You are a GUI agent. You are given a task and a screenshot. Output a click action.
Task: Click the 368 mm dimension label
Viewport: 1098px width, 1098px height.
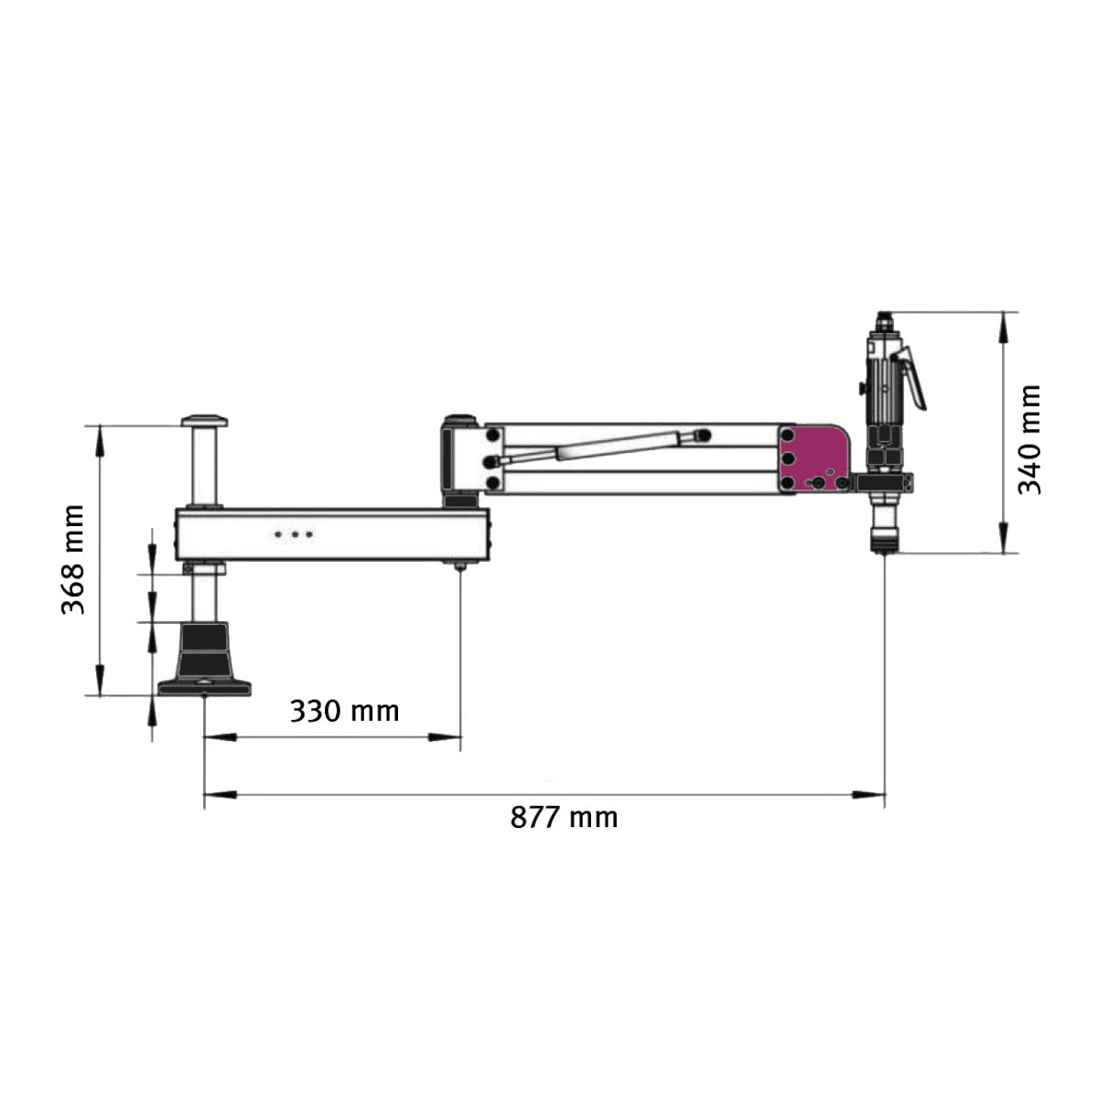(x=73, y=559)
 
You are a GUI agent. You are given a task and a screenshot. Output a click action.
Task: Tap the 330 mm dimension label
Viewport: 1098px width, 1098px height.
(x=344, y=710)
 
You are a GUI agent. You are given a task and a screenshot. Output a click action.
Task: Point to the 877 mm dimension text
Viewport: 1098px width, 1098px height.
(x=564, y=816)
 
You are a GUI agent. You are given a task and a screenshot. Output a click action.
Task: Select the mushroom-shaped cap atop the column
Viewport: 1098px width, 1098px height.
(x=204, y=421)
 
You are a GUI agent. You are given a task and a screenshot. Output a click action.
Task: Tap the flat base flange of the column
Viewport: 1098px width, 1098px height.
(x=204, y=686)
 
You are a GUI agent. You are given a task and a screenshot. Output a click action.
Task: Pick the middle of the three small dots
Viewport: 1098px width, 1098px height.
(x=295, y=533)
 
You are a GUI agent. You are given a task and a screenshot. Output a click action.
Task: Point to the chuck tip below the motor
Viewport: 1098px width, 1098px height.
(x=884, y=547)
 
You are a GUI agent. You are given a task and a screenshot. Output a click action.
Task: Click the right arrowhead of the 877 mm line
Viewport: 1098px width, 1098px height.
(x=874, y=794)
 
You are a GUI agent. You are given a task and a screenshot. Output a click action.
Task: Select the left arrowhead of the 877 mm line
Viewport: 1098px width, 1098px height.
(x=215, y=794)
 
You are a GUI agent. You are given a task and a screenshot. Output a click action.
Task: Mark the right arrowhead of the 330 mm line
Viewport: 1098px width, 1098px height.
(x=448, y=736)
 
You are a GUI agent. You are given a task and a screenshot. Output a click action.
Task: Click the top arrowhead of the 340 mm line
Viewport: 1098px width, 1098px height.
(x=1005, y=324)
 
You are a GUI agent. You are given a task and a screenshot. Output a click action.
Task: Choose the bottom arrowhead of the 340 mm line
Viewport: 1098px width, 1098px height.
(x=1005, y=541)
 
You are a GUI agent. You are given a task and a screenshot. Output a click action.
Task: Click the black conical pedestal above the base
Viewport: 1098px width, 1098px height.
(x=204, y=648)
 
